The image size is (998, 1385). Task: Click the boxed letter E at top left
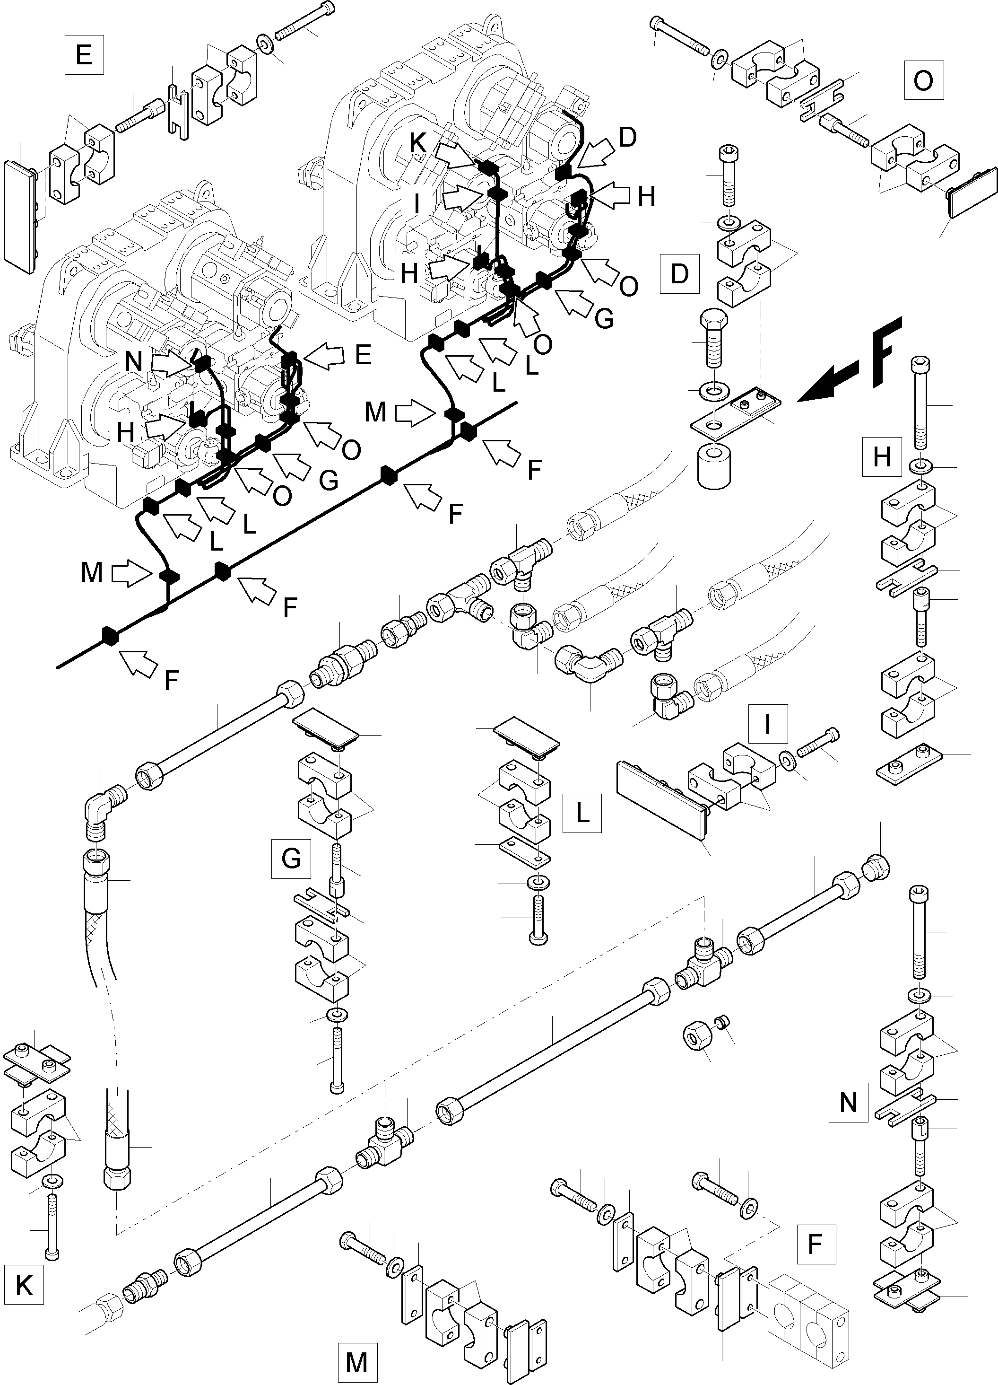(x=84, y=55)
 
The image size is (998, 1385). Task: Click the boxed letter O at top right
(x=923, y=80)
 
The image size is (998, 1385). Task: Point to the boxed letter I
(x=767, y=724)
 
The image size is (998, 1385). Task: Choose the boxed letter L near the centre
(x=582, y=813)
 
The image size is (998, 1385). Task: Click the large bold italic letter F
(x=881, y=352)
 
